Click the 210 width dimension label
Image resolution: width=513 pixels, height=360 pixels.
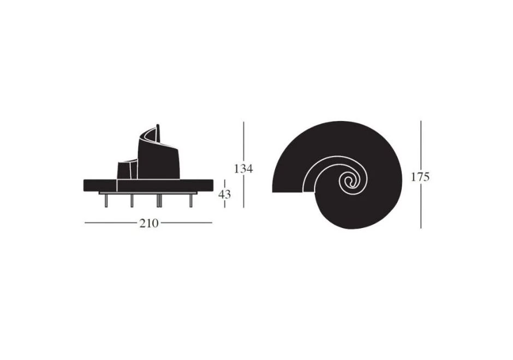pyautogui.click(x=148, y=223)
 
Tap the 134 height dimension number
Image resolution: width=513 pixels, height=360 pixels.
pyautogui.click(x=243, y=169)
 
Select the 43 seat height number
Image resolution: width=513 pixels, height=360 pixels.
pyautogui.click(x=224, y=194)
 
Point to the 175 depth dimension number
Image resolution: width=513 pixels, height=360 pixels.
pyautogui.click(x=421, y=177)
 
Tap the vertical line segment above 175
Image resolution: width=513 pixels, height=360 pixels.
pyautogui.click(x=421, y=144)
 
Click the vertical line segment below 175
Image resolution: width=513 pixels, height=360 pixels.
pyautogui.click(x=421, y=207)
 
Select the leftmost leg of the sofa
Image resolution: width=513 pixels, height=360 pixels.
pyautogui.click(x=106, y=201)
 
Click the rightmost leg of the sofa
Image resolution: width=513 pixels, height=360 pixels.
pyautogui.click(x=190, y=201)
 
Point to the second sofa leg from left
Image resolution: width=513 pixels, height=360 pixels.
pyautogui.click(x=132, y=201)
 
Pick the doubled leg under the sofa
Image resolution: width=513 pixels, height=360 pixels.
pyautogui.click(x=159, y=201)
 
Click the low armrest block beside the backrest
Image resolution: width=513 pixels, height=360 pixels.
pyautogui.click(x=124, y=170)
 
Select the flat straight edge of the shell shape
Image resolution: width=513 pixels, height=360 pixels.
pyautogui.click(x=288, y=191)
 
